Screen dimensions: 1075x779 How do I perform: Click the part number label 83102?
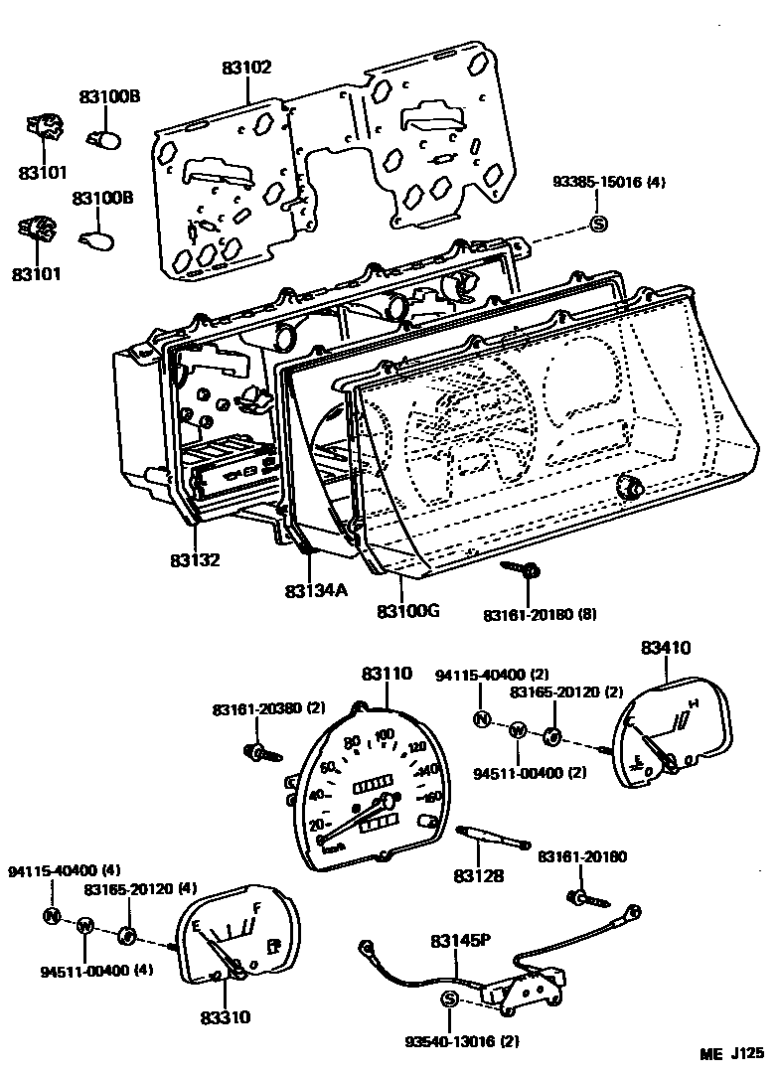246,68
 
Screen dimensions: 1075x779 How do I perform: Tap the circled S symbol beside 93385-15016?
598,224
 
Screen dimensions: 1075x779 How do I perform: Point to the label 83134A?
315,590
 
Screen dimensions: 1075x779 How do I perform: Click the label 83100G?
408,609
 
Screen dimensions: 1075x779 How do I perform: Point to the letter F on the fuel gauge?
257,907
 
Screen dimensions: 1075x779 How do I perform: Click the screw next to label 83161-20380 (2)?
254,750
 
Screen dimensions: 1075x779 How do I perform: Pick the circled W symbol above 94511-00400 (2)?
517,730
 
